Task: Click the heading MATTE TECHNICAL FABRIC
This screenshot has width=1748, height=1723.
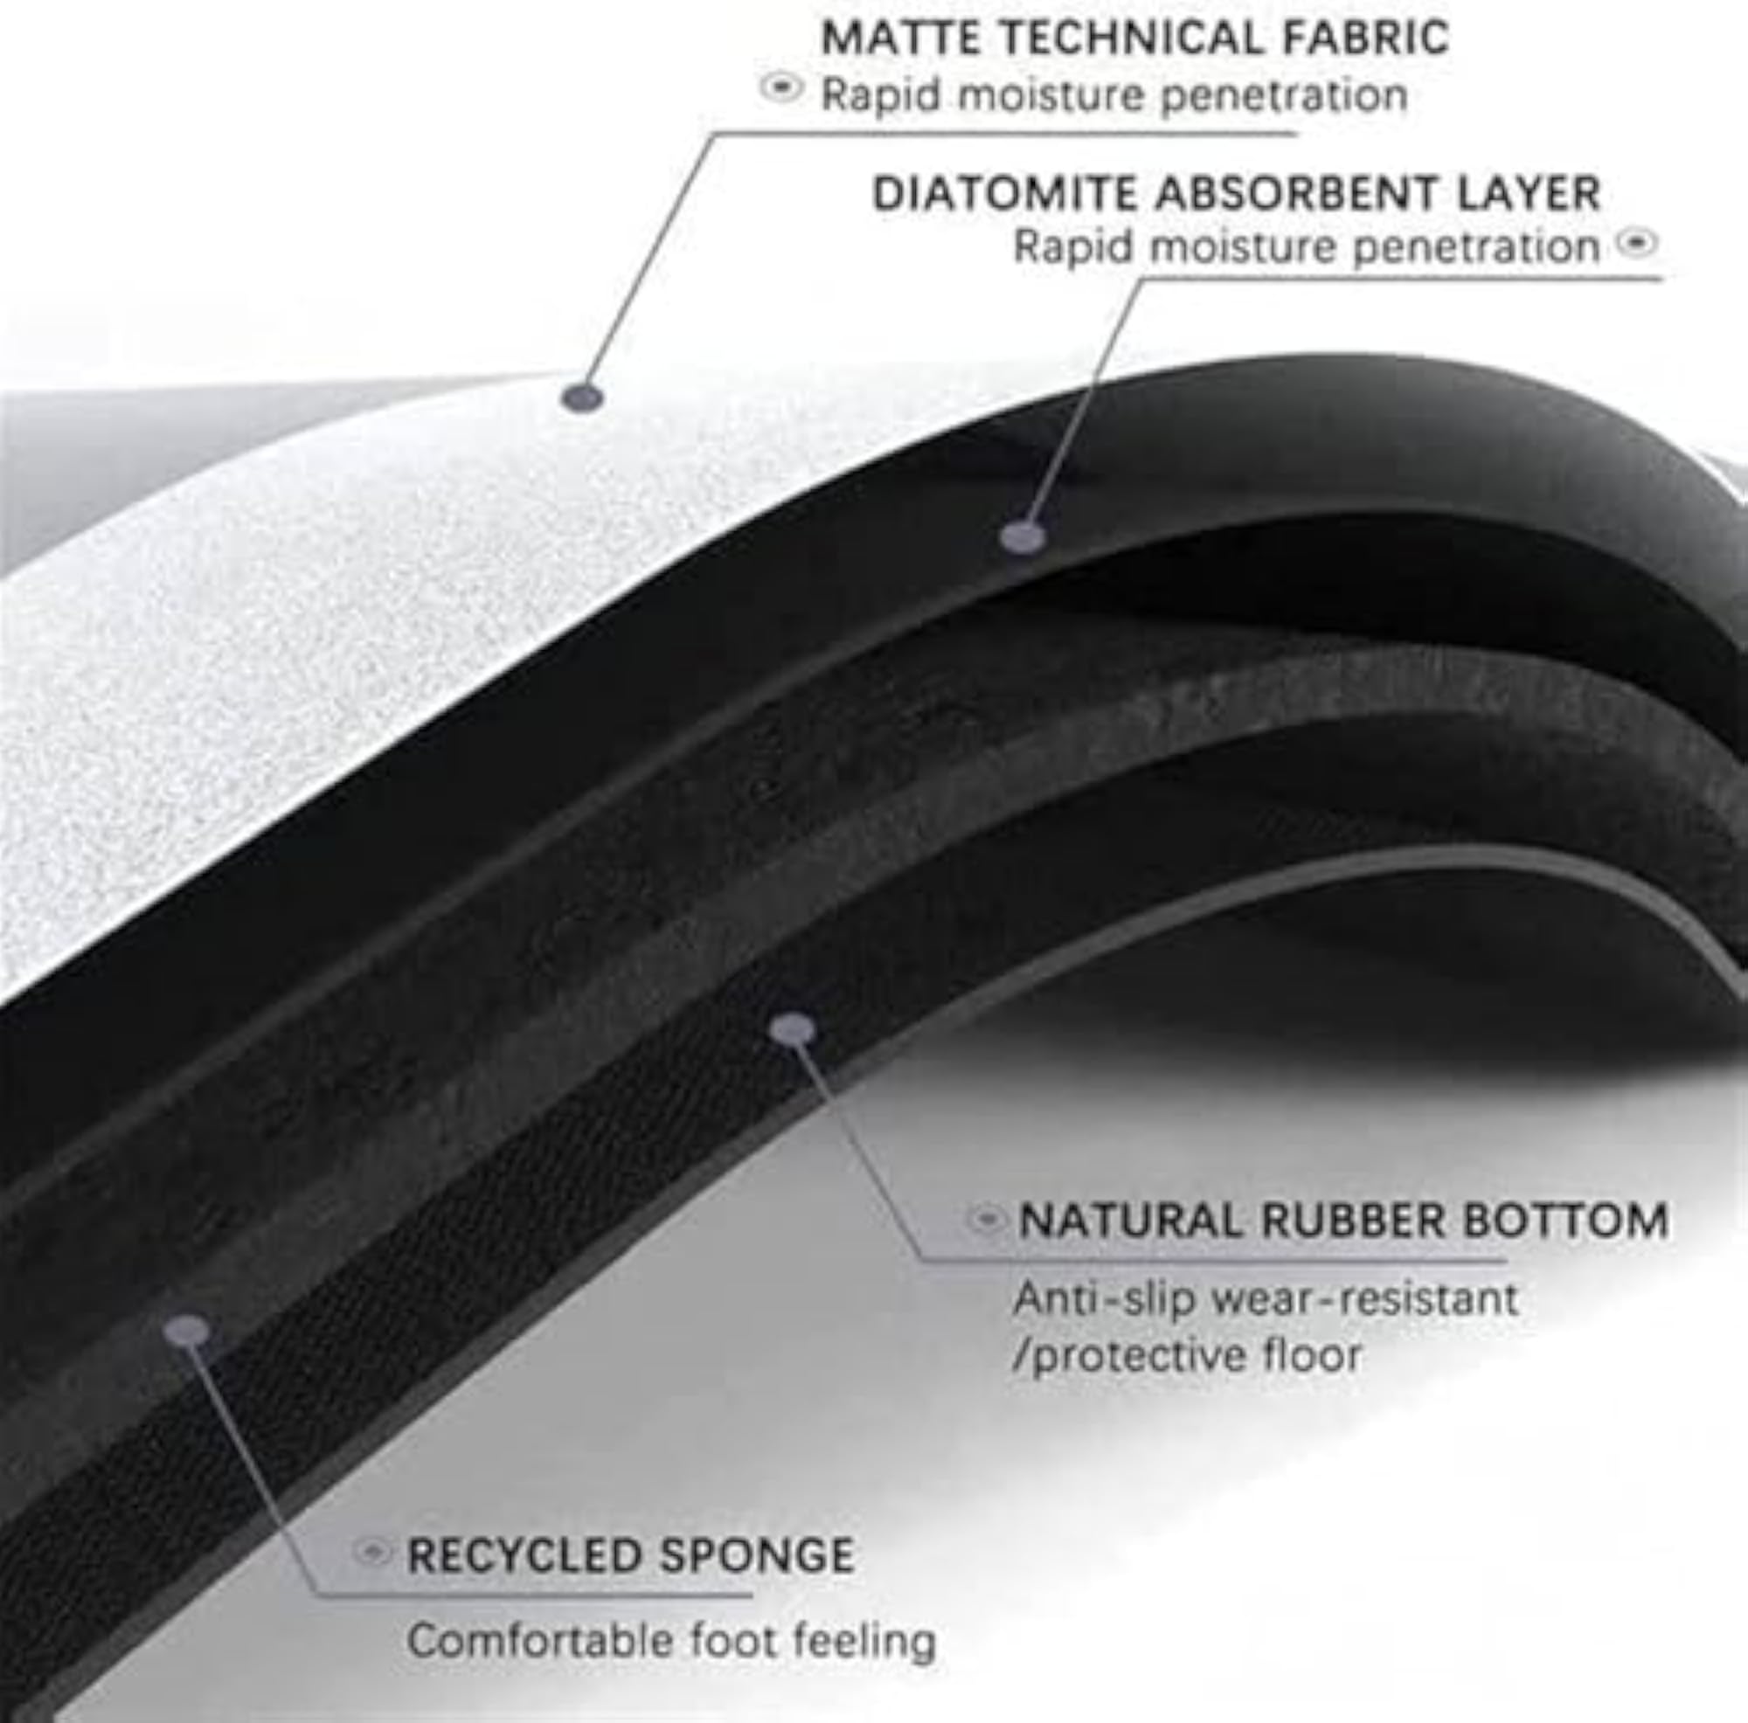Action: [x=1134, y=38]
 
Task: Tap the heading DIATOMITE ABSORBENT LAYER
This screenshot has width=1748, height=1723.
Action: [x=1236, y=194]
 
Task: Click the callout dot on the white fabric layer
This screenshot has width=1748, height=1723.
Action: [x=583, y=396]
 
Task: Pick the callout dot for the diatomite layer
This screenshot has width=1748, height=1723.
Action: [x=1023, y=536]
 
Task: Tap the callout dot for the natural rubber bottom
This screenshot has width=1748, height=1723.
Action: [x=793, y=1028]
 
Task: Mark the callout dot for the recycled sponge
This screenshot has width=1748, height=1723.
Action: [x=187, y=1330]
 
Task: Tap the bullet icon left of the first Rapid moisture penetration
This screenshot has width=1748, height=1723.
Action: [x=781, y=87]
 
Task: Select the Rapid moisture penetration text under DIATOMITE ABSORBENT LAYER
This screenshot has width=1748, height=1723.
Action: [x=1307, y=247]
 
